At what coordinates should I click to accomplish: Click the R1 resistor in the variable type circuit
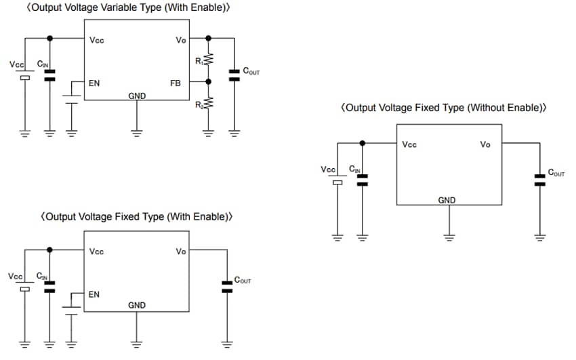point(209,60)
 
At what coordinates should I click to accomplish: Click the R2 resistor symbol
point(209,104)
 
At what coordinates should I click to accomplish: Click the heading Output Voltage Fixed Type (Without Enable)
point(444,108)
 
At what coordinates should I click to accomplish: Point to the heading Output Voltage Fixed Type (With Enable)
point(137,217)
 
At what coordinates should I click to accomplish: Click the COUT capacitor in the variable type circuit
point(234,75)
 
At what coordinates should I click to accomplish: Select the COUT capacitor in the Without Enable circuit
point(539,180)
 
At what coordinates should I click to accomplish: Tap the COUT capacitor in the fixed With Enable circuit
point(227,286)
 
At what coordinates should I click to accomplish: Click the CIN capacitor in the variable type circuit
point(49,75)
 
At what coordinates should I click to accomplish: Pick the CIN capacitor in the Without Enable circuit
point(362,180)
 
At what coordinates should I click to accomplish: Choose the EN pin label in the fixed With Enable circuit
point(94,294)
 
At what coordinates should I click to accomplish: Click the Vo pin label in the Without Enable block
point(485,144)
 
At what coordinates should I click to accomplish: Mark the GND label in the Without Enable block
point(447,200)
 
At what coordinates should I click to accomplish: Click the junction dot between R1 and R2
point(209,81)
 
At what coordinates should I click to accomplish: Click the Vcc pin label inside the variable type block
point(97,40)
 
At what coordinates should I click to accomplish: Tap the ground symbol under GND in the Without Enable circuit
point(448,237)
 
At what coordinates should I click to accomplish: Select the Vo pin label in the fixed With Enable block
point(181,252)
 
